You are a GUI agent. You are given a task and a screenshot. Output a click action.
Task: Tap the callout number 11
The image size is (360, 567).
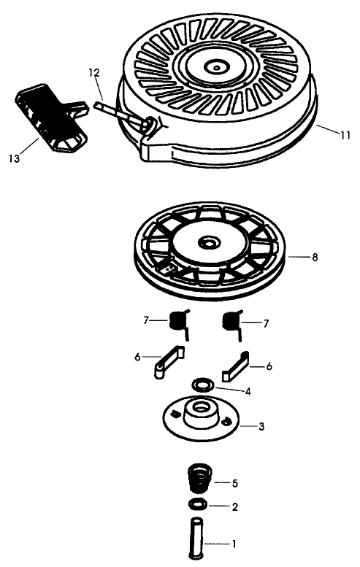pos(345,134)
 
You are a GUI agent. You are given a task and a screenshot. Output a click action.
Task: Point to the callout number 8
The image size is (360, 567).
pos(314,257)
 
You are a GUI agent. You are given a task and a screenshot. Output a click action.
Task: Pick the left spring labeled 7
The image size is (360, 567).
pos(179,321)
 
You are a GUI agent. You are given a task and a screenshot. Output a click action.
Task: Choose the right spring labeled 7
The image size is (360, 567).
pos(232,321)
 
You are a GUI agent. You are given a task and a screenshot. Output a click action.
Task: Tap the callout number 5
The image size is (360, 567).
pos(236,483)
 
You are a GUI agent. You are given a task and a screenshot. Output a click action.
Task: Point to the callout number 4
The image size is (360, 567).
pos(248,391)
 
